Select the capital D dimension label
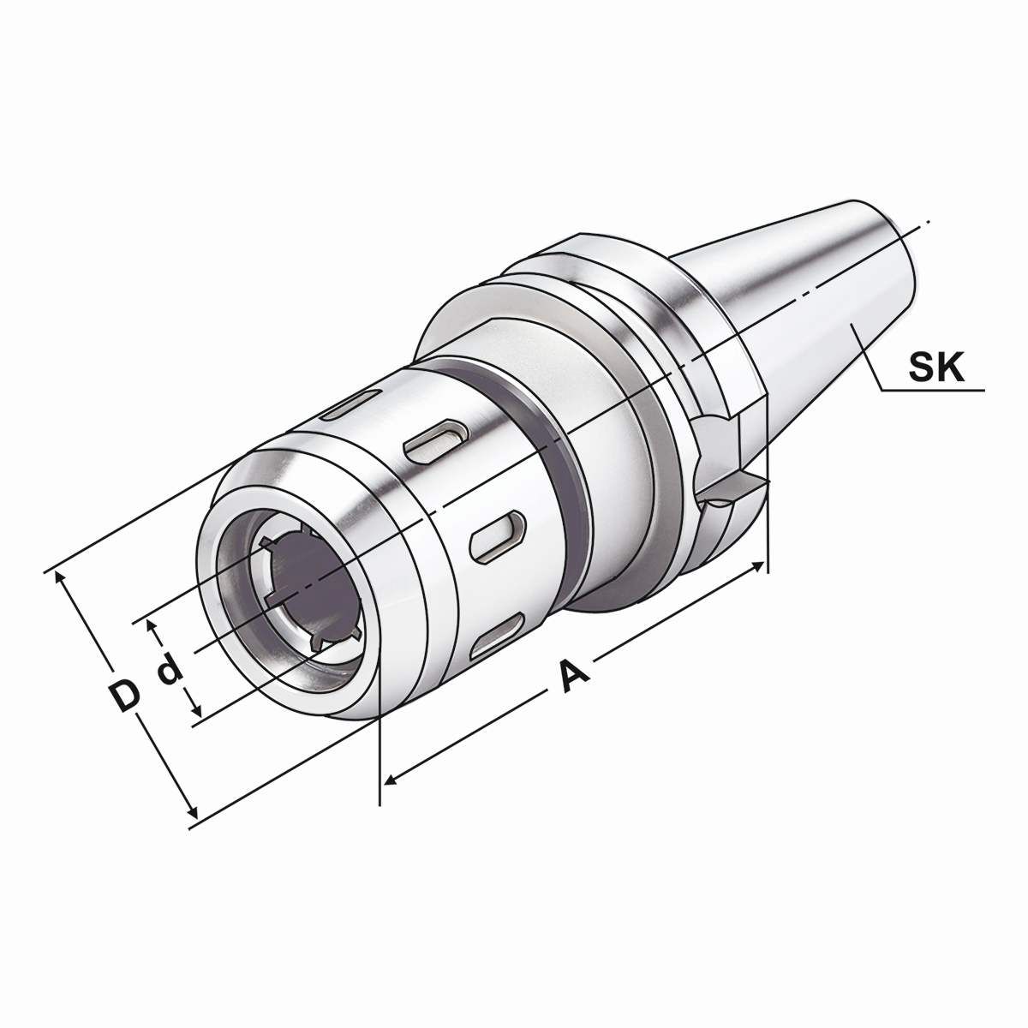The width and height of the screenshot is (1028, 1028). (x=125, y=696)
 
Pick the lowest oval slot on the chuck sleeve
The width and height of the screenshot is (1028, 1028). (x=500, y=631)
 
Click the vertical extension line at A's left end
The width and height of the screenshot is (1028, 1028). (x=379, y=762)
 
